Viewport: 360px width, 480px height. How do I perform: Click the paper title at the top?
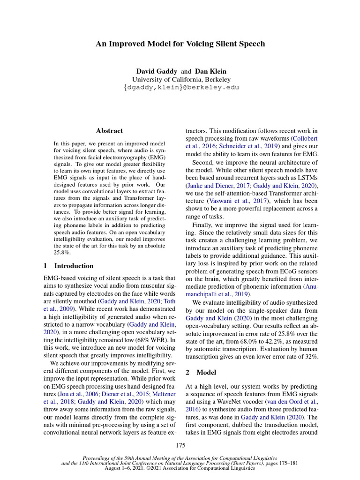(x=180, y=44)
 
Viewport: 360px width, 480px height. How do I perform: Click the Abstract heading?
(x=109, y=131)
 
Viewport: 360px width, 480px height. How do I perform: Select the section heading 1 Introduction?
(x=68, y=265)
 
